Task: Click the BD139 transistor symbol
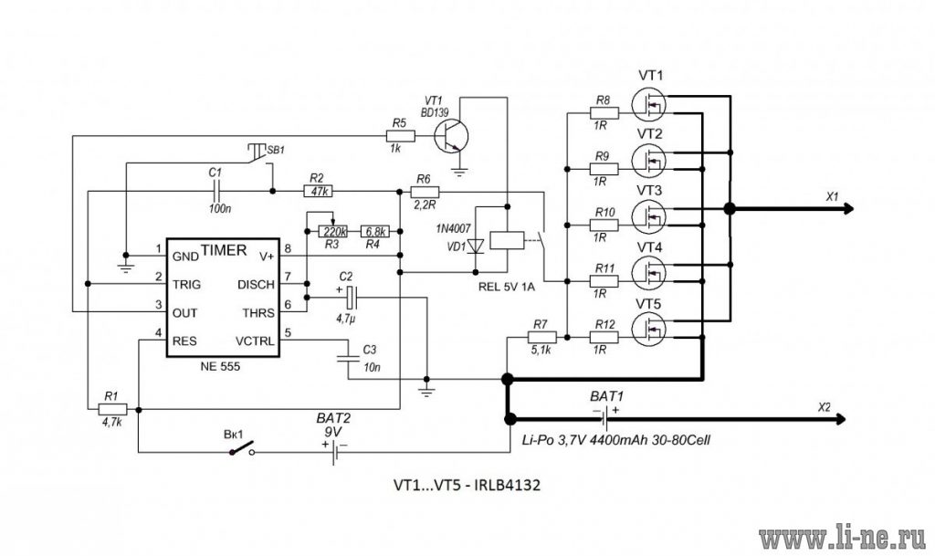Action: pyautogui.click(x=451, y=136)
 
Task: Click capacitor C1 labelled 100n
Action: pyautogui.click(x=215, y=192)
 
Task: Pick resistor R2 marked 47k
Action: pyautogui.click(x=319, y=192)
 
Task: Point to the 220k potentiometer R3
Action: pyautogui.click(x=332, y=231)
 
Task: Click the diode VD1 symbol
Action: pyautogui.click(x=475, y=247)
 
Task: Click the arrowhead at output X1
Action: pyautogui.click(x=848, y=208)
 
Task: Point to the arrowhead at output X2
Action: pyautogui.click(x=840, y=420)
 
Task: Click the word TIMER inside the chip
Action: pyautogui.click(x=224, y=249)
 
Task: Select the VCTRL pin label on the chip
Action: pyautogui.click(x=255, y=341)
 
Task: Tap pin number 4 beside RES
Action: pyautogui.click(x=159, y=332)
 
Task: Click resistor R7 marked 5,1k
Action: pyautogui.click(x=541, y=337)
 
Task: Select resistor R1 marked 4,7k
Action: pyautogui.click(x=112, y=409)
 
